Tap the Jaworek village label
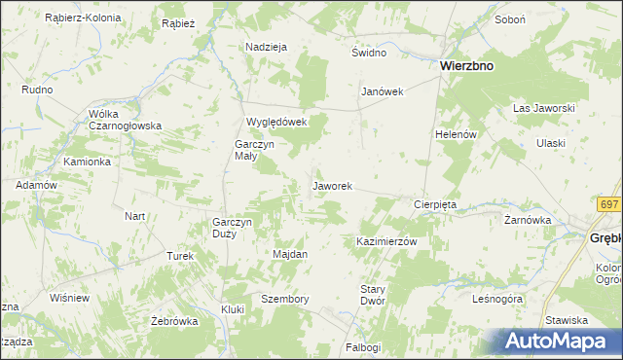[x=332, y=185]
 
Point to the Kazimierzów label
[x=386, y=241]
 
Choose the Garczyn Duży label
[x=233, y=228]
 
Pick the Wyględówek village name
[x=276, y=122]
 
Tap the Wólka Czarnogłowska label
[x=125, y=120]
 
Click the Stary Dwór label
[x=374, y=295]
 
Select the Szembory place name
[x=285, y=299]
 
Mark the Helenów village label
[x=456, y=134]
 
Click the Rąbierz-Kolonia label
[x=83, y=18]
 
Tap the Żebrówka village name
[x=174, y=321]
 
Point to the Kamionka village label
[x=87, y=162]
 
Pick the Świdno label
[x=370, y=53]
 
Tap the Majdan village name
[x=289, y=254]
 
